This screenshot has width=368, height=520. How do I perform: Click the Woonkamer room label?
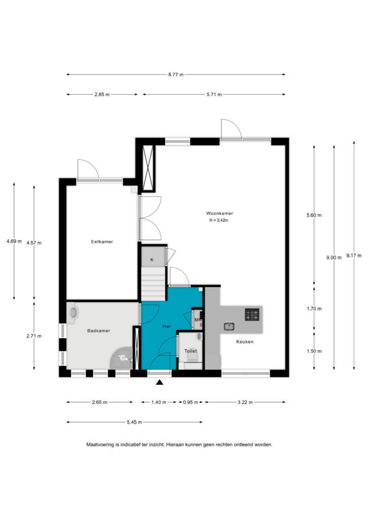(x=220, y=214)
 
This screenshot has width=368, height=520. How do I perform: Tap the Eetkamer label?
(x=102, y=242)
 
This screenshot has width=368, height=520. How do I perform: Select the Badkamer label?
(x=99, y=331)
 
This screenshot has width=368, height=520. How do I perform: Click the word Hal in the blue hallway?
(x=166, y=327)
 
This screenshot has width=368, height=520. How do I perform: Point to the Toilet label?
(x=191, y=351)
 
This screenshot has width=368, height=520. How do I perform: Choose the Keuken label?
(x=245, y=342)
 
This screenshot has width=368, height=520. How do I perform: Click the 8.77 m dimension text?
(x=175, y=75)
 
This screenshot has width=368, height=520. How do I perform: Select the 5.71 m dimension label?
(x=214, y=94)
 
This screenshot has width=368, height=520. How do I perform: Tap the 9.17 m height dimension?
(x=354, y=256)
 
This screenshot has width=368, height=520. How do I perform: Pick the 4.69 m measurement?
(x=14, y=241)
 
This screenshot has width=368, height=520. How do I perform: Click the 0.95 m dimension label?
(x=191, y=402)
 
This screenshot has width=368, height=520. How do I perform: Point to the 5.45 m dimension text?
(x=134, y=422)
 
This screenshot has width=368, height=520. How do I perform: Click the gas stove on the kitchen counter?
(x=252, y=315)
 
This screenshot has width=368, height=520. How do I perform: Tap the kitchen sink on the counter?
(x=229, y=327)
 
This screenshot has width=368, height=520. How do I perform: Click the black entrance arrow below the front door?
(x=160, y=382)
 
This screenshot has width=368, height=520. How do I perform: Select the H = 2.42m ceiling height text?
(x=219, y=220)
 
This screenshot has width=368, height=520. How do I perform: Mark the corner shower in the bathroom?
(x=122, y=358)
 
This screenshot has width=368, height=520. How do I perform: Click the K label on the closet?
(x=152, y=260)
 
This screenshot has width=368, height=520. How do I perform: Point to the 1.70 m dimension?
(x=314, y=309)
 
